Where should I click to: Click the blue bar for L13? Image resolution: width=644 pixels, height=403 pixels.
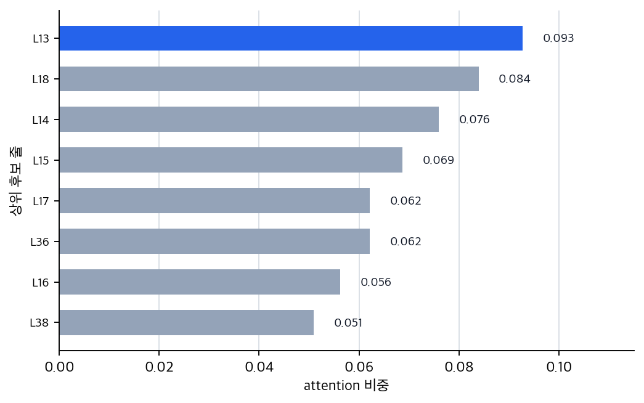tap(291, 38)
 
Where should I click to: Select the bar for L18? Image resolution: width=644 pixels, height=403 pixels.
tap(269, 79)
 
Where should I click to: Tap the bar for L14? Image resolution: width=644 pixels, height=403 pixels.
tap(249, 119)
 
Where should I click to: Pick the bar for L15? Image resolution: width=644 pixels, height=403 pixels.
tap(231, 160)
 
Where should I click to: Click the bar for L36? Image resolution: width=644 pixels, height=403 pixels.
tap(214, 241)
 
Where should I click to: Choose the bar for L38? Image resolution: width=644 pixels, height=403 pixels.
tap(187, 322)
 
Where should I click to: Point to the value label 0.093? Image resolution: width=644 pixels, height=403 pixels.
tap(558, 38)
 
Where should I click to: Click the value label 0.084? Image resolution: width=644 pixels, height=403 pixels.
tap(514, 79)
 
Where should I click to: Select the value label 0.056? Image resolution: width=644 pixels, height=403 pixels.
tap(376, 282)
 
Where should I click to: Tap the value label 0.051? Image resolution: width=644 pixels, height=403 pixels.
tap(348, 323)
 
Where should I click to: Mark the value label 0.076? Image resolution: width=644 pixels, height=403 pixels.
tap(475, 120)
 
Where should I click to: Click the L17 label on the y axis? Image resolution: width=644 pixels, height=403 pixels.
tap(41, 201)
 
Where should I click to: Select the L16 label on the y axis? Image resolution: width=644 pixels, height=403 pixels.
tap(41, 283)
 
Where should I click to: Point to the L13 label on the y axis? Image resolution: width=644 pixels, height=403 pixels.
tap(41, 39)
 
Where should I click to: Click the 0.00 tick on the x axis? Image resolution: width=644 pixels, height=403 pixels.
tap(59, 367)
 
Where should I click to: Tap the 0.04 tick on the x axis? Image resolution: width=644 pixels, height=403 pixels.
tap(259, 367)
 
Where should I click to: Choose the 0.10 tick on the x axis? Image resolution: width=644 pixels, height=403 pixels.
tap(559, 367)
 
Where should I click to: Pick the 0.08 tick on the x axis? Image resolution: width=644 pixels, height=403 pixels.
tap(459, 367)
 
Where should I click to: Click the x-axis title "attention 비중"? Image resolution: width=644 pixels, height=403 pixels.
tap(346, 385)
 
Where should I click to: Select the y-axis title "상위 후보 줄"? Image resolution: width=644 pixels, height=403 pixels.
tap(15, 181)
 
